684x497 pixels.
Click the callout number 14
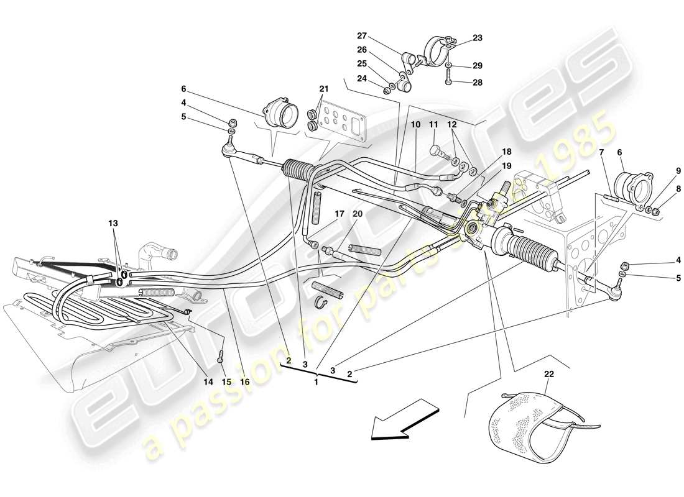208,382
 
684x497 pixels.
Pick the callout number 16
245,382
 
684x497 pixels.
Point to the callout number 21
323,88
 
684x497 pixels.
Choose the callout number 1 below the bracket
316,382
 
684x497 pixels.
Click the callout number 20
358,214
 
